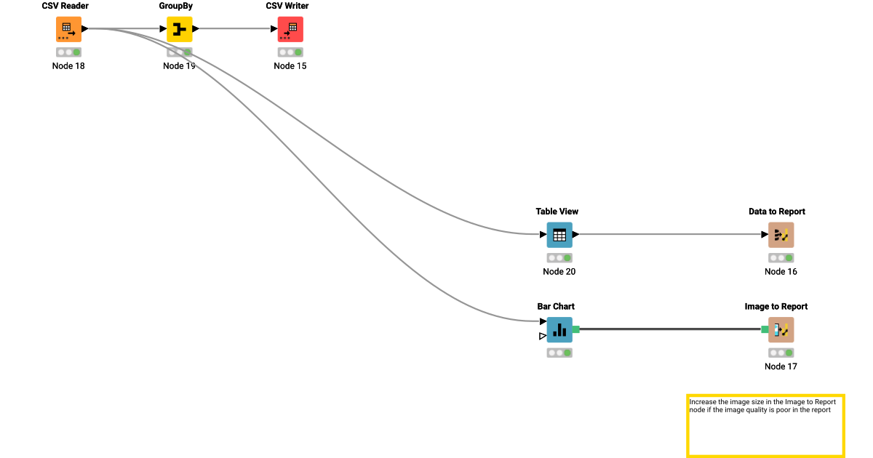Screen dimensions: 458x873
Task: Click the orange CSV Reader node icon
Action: pos(68,29)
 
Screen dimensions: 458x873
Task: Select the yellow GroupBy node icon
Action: pos(179,29)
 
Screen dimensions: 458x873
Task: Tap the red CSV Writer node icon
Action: pos(290,29)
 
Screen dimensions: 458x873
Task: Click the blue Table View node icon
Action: pos(559,235)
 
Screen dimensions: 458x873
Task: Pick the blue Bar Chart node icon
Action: pos(559,329)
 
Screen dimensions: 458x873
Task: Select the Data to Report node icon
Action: pos(781,235)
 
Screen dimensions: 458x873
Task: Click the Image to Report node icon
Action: pos(781,329)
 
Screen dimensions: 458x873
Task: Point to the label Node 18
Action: pos(68,66)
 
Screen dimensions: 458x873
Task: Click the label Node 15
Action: pos(290,66)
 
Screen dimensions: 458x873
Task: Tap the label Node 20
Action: pos(559,272)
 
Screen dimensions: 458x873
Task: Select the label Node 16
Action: pos(781,272)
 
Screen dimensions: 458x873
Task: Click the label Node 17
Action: pos(781,366)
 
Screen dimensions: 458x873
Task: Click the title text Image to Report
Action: pos(776,307)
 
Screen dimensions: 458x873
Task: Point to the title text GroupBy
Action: pos(176,6)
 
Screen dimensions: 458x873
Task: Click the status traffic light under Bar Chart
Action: pos(559,353)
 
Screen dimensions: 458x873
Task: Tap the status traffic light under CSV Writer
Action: pos(290,52)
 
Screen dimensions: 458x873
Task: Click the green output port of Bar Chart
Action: pos(575,329)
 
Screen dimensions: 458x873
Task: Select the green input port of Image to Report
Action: pos(765,329)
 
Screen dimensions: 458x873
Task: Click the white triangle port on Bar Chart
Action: pos(543,336)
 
